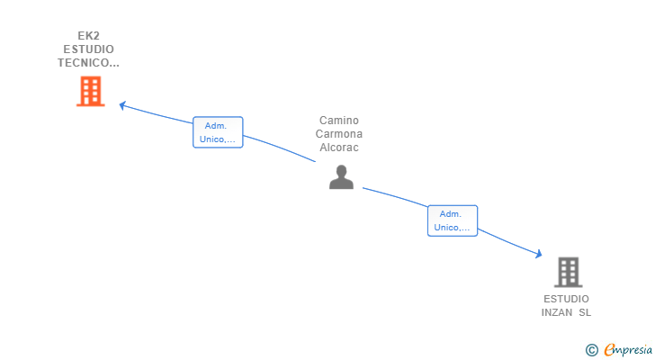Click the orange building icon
pyautogui.click(x=90, y=91)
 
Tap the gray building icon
pyautogui.click(x=568, y=272)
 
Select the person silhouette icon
pyautogui.click(x=341, y=177)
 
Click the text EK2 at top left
pyautogui.click(x=88, y=36)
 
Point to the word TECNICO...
pyautogui.click(x=86, y=63)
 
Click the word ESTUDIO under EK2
pyautogui.click(x=88, y=49)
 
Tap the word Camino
pyautogui.click(x=338, y=121)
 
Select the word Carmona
pyautogui.click(x=338, y=134)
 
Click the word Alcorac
pyautogui.click(x=338, y=148)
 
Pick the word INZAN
pyautogui.click(x=558, y=312)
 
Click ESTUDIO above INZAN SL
pyautogui.click(x=566, y=299)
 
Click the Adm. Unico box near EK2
pyautogui.click(x=218, y=132)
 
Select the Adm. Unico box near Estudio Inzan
pyautogui.click(x=452, y=220)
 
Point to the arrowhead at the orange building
pyautogui.click(x=123, y=105)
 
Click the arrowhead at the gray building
pyautogui.click(x=538, y=256)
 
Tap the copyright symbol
pyautogui.click(x=591, y=350)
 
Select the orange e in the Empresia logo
pyautogui.click(x=609, y=350)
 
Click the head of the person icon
pyautogui.click(x=341, y=170)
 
